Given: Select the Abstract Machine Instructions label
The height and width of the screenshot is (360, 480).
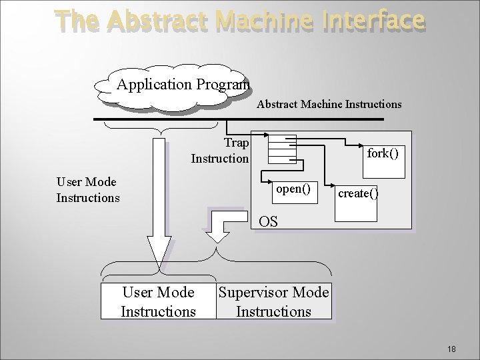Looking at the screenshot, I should click(x=329, y=104).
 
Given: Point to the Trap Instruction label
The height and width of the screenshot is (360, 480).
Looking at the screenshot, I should click(x=220, y=151).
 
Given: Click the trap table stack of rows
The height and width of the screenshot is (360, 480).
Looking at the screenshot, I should click(x=281, y=149).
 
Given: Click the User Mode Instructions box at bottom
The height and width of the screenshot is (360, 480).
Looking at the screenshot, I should click(x=158, y=301).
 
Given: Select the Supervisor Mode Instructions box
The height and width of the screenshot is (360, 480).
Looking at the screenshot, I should click(x=273, y=301).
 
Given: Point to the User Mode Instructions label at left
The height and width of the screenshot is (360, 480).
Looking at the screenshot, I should click(x=87, y=190).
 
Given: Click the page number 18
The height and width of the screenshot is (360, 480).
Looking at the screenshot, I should click(x=451, y=349).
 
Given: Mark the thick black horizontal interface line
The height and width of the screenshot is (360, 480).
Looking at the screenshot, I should click(x=238, y=119).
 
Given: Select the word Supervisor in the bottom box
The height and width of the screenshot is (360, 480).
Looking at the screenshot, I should click(x=249, y=293).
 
